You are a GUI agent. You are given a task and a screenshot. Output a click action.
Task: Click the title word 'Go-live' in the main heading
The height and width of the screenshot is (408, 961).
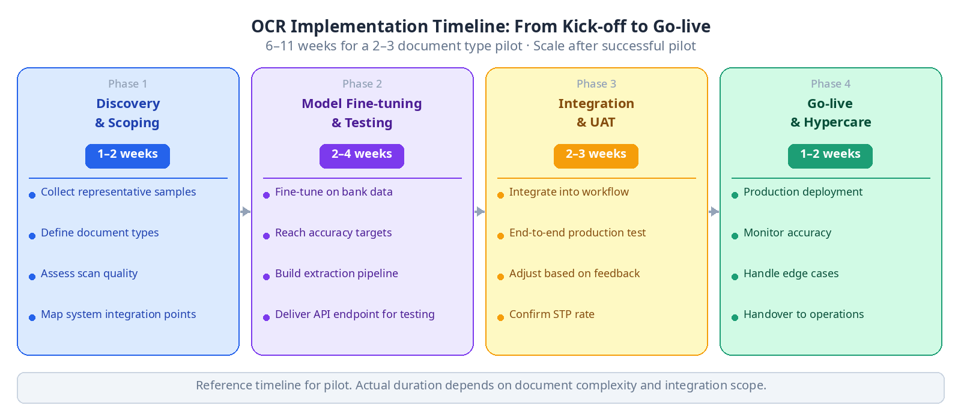[x=682, y=26]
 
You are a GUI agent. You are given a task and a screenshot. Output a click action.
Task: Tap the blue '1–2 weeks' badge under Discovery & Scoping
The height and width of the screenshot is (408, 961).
[x=127, y=156]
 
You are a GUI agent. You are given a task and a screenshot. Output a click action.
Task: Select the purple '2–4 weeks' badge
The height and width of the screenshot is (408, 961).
[x=362, y=156]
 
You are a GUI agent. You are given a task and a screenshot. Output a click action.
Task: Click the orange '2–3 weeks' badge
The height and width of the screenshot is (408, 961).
[x=596, y=156]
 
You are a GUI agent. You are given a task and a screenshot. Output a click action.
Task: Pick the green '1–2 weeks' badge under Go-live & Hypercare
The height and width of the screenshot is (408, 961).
[x=830, y=156]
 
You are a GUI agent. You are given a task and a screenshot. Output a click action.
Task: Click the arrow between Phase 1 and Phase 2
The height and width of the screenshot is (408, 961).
[x=246, y=211]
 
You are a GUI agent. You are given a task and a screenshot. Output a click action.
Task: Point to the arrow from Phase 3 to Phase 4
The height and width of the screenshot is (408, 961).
[x=714, y=211]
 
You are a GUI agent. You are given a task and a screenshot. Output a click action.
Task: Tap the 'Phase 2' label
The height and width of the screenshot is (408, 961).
[x=362, y=84]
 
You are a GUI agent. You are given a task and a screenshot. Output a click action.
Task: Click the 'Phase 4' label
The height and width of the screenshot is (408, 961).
[x=831, y=84]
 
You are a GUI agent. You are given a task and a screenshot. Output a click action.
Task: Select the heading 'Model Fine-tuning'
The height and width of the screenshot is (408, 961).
[x=362, y=104]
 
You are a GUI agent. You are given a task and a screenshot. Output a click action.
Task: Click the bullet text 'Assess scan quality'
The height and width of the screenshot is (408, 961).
[x=89, y=274]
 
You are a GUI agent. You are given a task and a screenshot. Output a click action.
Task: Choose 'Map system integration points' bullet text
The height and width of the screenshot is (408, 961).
[x=118, y=314]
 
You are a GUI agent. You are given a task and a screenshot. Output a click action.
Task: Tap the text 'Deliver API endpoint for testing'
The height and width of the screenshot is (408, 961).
[x=355, y=314]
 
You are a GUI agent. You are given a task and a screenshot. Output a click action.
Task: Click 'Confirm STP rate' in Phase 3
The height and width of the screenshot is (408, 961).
[x=552, y=314]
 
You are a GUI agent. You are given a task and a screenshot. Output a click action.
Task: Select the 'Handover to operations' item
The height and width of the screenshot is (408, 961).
[x=804, y=314]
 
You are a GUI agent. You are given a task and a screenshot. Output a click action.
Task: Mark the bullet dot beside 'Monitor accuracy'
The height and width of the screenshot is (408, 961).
[x=735, y=236]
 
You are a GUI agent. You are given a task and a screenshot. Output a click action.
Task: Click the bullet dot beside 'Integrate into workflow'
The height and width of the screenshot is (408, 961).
[x=501, y=196]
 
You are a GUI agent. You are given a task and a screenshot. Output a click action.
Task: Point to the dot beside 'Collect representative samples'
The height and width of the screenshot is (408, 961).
[x=32, y=196]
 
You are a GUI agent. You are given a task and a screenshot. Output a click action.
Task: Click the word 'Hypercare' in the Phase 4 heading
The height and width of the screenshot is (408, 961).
[x=837, y=122]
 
